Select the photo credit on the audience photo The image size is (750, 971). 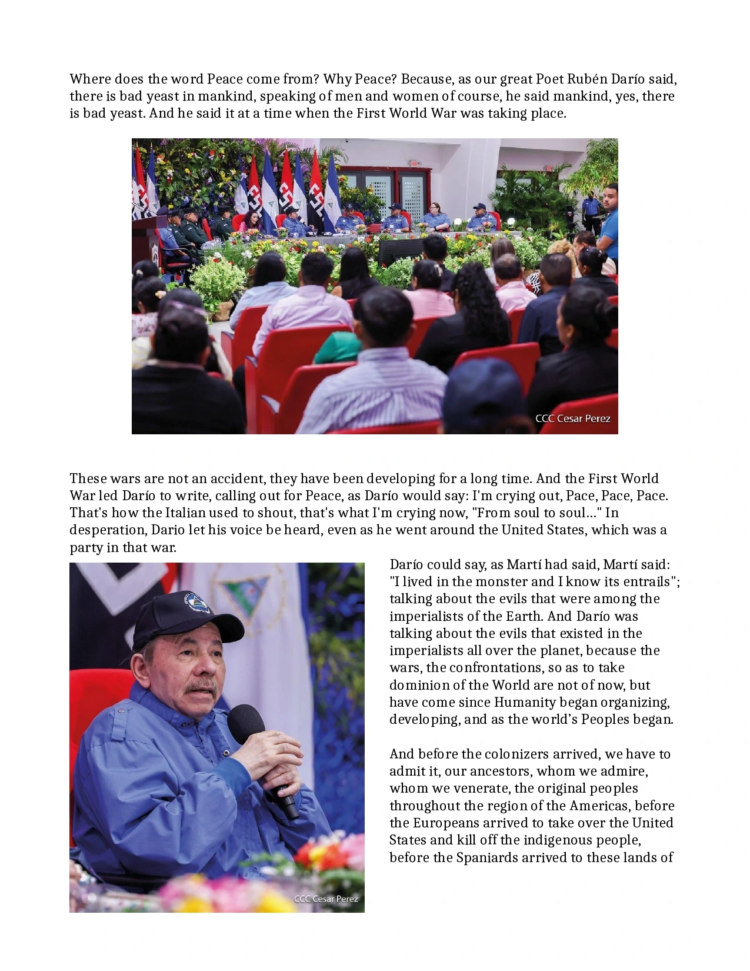572,418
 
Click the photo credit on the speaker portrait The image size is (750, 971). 326,899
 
